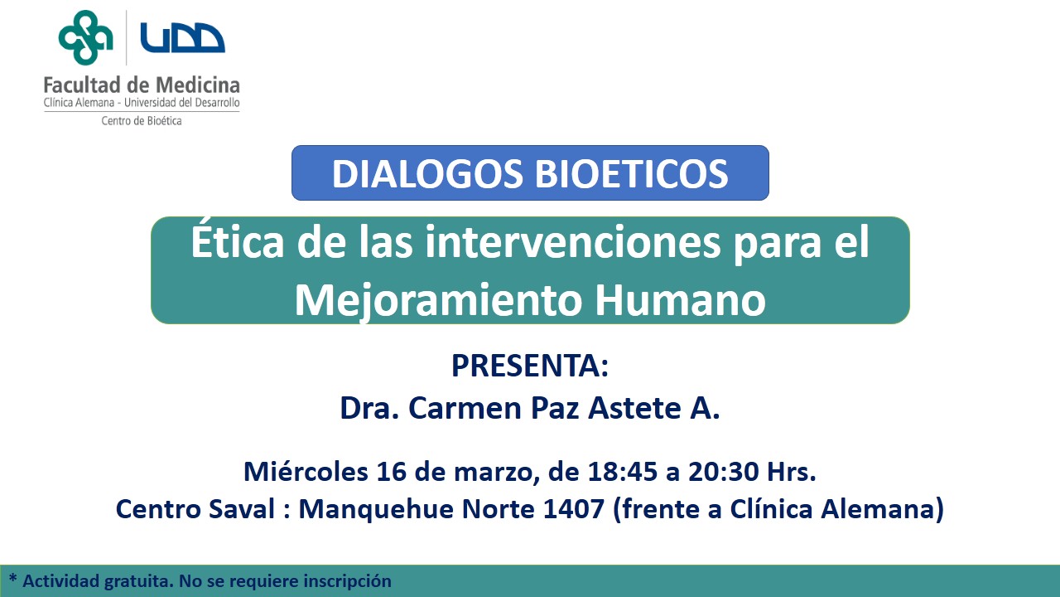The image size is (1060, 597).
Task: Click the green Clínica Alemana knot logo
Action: tap(85, 37)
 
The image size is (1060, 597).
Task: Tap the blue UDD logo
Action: tap(183, 37)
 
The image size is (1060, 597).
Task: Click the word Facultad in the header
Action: tap(82, 85)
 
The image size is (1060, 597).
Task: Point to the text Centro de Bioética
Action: tap(142, 121)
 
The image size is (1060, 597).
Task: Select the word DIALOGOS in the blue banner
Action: tap(427, 174)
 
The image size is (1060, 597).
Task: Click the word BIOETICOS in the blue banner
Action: tap(632, 174)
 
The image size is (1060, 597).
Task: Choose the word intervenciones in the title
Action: tap(572, 243)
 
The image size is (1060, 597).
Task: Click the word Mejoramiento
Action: tap(438, 301)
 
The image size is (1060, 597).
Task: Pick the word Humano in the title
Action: tap(680, 300)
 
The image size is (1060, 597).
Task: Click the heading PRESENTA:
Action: tap(530, 366)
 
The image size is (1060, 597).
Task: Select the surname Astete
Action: tap(634, 408)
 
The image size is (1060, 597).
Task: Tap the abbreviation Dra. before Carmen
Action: tap(369, 408)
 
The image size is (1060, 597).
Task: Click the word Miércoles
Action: tap(306, 472)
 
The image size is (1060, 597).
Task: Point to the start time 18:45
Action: tap(623, 472)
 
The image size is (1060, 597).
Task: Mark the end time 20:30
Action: tap(724, 472)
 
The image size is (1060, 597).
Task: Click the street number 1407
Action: tap(574, 509)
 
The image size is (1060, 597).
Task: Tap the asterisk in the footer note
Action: tap(12, 578)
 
